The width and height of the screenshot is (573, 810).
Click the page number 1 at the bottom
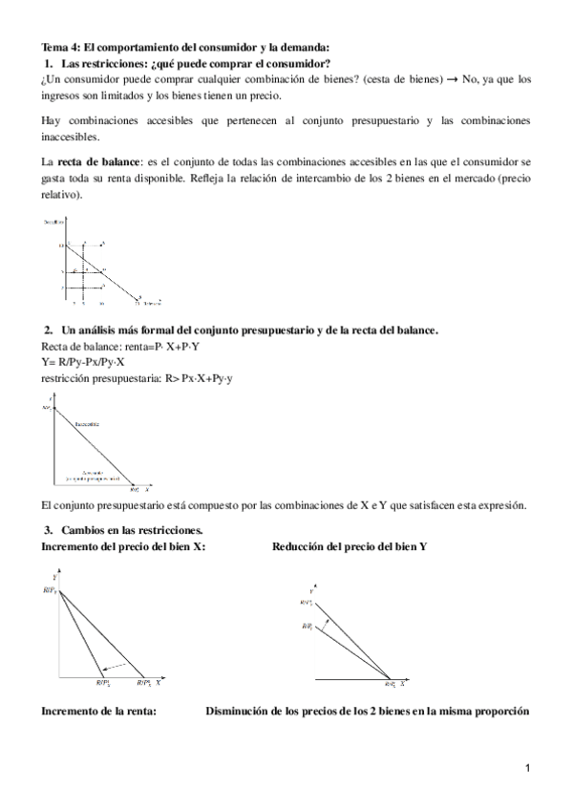(x=526, y=768)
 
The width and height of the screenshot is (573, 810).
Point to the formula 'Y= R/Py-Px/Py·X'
(x=84, y=363)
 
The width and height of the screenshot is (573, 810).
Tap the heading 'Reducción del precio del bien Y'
(x=350, y=546)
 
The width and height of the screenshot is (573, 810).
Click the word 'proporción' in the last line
(x=496, y=712)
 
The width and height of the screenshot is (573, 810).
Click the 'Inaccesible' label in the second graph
(x=87, y=422)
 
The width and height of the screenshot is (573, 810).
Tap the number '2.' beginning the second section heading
(x=50, y=330)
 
